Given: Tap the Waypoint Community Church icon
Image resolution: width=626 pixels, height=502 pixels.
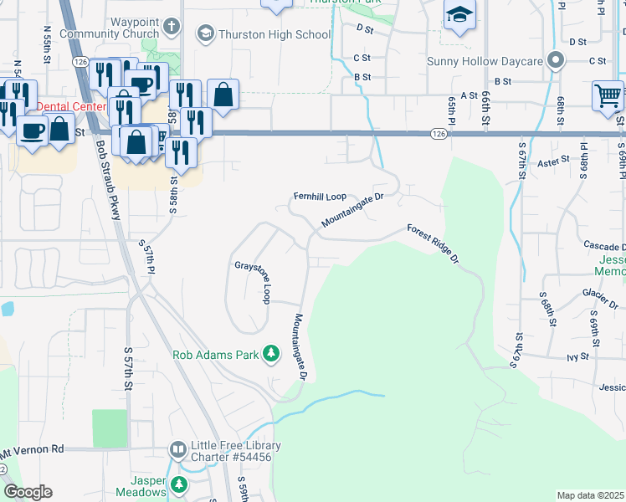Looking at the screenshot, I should tap(172, 25).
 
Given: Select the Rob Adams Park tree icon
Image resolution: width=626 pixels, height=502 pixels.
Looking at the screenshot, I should tap(270, 355).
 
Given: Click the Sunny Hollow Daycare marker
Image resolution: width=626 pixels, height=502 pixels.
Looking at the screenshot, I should tap(554, 60).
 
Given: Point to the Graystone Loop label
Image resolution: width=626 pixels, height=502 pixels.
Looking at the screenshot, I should tap(253, 283).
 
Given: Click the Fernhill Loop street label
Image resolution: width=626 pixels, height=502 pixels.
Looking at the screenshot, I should tap(319, 197).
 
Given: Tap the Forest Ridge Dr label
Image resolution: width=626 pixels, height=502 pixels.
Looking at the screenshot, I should tap(434, 243).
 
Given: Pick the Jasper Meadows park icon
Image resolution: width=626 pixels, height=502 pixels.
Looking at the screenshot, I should tap(178, 484).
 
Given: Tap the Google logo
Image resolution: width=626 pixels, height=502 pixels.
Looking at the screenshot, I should tap(28, 492).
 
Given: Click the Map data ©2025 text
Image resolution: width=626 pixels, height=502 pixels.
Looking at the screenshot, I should tap(591, 495).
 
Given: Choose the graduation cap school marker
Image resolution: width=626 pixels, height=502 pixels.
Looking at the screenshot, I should tap(459, 14).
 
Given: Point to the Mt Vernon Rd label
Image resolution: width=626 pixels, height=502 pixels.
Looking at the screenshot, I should tap(33, 449).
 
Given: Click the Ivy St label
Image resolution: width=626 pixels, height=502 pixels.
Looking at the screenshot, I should tap(577, 356).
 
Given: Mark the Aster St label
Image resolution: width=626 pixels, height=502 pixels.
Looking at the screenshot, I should tap(553, 159).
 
